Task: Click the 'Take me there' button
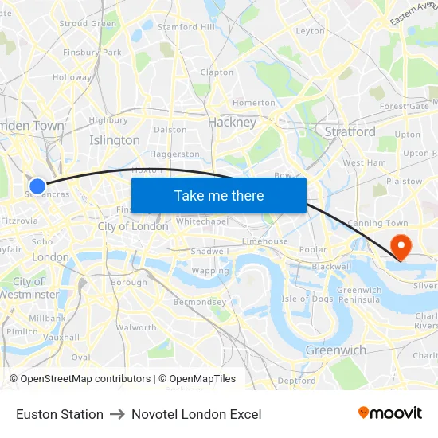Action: (x=219, y=195)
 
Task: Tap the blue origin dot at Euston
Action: (x=37, y=186)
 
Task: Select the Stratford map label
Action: (x=350, y=131)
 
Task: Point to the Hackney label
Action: (x=232, y=123)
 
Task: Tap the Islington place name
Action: (x=115, y=140)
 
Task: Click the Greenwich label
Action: (x=336, y=350)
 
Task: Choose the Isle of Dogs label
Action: (x=307, y=299)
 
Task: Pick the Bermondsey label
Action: (x=200, y=303)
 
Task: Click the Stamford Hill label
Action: (x=186, y=27)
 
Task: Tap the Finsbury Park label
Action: (x=92, y=53)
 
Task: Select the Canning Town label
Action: (x=372, y=223)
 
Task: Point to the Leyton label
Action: (x=310, y=32)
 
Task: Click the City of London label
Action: (x=133, y=226)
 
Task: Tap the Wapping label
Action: (x=210, y=271)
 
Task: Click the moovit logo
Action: (x=390, y=413)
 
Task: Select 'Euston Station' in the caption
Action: (x=60, y=414)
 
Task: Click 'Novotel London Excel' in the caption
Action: (x=197, y=414)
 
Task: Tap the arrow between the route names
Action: (x=118, y=414)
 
